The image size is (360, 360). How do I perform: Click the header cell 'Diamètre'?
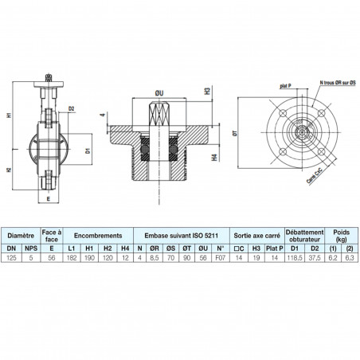tap(22, 237)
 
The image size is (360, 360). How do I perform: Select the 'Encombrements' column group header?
tap(98, 237)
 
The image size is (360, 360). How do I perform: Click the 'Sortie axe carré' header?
tap(255, 237)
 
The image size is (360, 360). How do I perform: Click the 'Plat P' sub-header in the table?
tap(272, 248)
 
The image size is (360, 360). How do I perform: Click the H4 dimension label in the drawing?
tap(216, 158)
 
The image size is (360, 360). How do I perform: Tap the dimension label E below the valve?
tap(49, 201)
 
